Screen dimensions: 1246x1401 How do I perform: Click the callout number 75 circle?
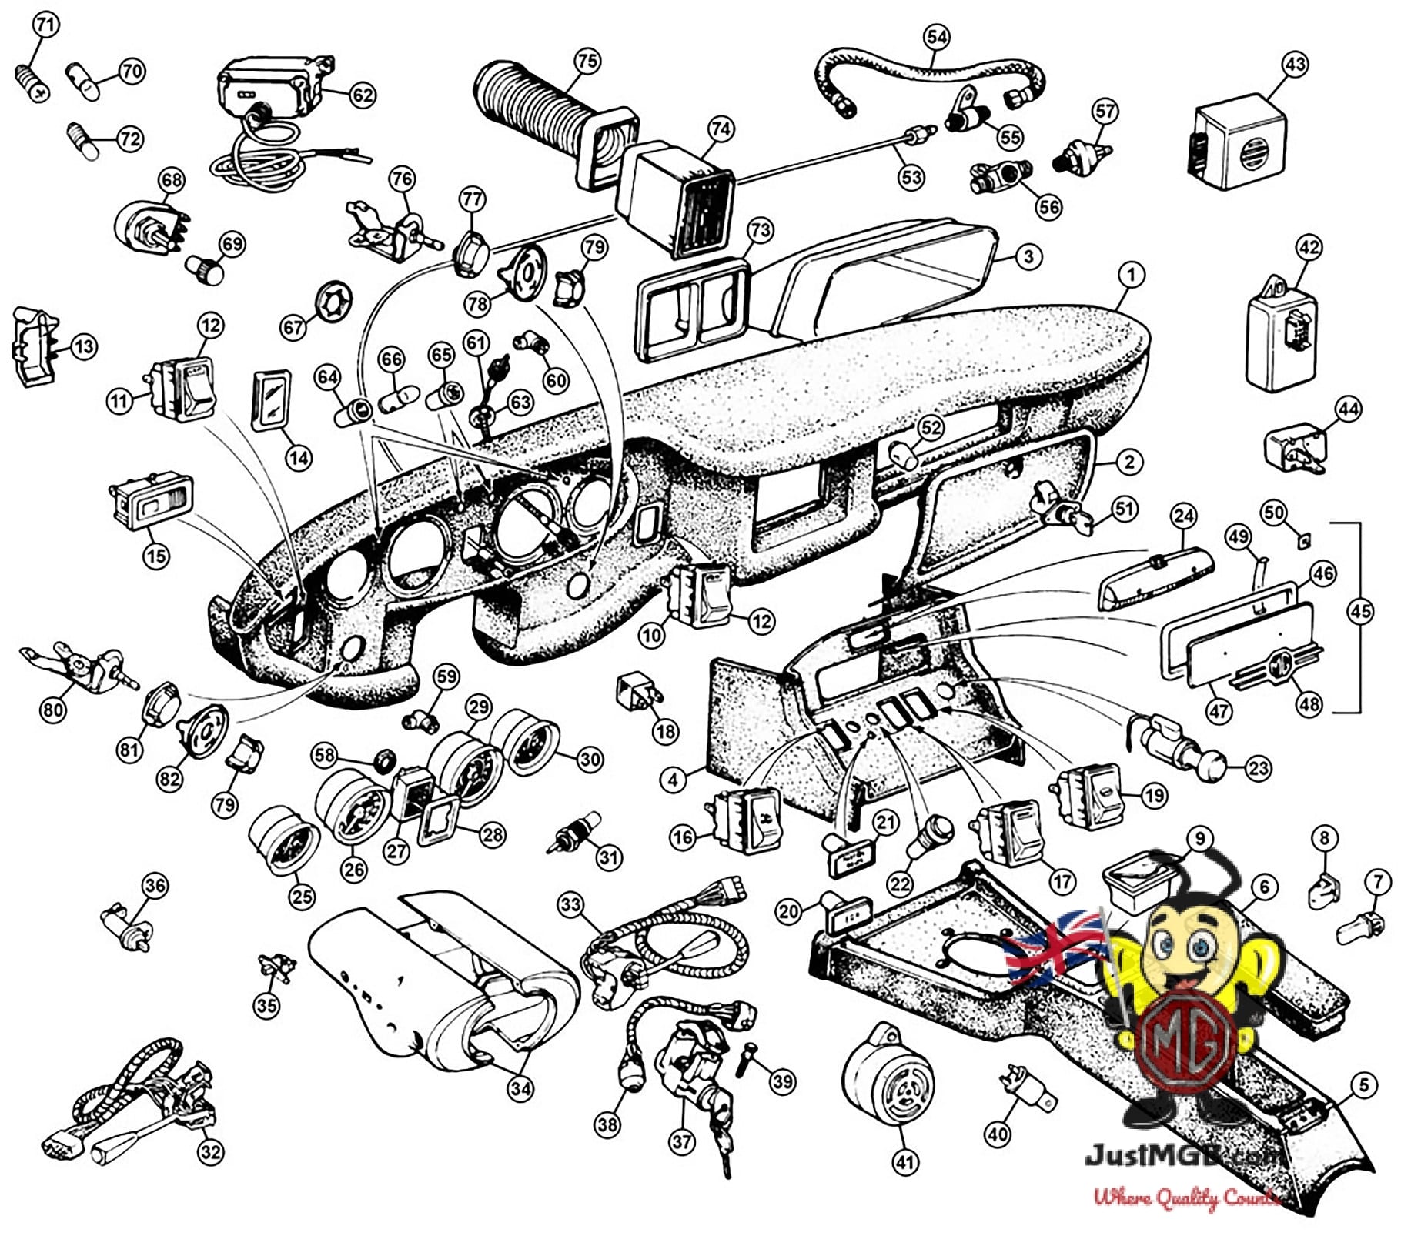click(587, 61)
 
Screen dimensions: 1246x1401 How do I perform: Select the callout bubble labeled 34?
click(521, 1088)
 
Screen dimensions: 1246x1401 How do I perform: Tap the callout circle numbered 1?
click(1131, 274)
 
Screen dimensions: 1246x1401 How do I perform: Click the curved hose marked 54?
click(931, 77)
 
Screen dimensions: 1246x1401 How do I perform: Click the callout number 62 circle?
click(363, 95)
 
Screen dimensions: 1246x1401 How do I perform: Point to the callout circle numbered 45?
click(1360, 611)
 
